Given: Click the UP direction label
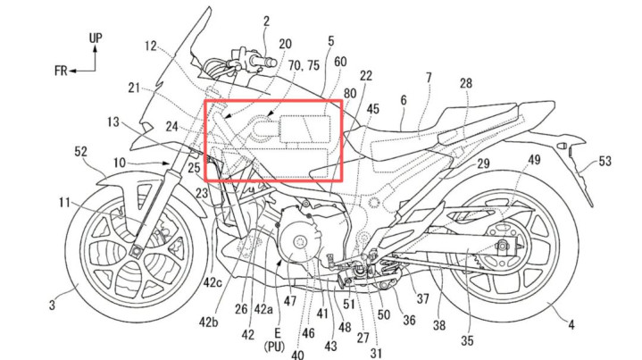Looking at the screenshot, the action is [x=96, y=38].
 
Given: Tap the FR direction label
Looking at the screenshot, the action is [x=61, y=71].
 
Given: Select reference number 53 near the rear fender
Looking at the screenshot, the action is [x=604, y=161].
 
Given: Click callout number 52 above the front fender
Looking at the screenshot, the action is [x=80, y=152].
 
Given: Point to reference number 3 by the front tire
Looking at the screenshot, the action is [x=52, y=306].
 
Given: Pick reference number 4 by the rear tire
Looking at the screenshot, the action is [x=571, y=325].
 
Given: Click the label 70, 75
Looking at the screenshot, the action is [x=304, y=65].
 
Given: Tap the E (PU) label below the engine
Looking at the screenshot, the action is [x=274, y=339].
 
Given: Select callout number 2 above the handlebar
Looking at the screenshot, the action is [x=267, y=21].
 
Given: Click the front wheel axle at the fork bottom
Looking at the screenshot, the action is [x=135, y=251].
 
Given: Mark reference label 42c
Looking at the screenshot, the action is [x=213, y=282].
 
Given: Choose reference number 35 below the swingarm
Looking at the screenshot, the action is [x=467, y=339].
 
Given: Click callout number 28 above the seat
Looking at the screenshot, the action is [x=465, y=83].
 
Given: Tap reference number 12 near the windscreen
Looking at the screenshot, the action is [x=150, y=46].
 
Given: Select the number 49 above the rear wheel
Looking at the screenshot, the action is [x=533, y=159].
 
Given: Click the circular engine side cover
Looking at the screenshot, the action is [x=297, y=242].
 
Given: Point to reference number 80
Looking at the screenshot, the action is [x=349, y=94].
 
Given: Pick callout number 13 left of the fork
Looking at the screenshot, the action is [x=113, y=121].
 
